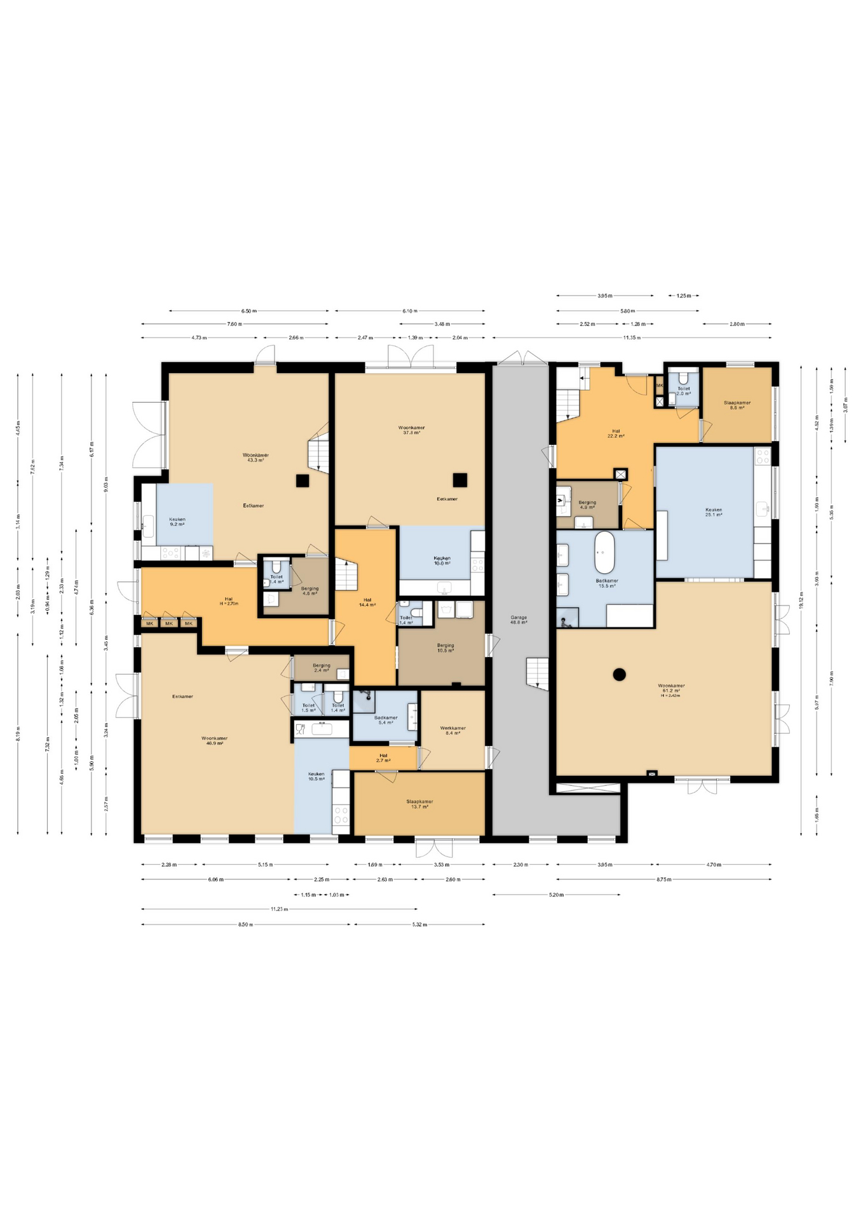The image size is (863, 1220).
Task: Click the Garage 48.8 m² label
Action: click(519, 620)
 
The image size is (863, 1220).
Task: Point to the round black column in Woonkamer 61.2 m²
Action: click(619, 674)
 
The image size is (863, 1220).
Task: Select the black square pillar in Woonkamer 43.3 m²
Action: click(302, 480)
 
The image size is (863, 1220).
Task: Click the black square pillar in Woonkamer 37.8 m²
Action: click(459, 480)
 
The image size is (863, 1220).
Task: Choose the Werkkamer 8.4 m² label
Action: click(452, 731)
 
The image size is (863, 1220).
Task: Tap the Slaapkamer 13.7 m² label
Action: click(419, 804)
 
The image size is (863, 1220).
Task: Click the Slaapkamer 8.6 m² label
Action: click(737, 405)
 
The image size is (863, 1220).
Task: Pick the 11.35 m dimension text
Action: click(632, 337)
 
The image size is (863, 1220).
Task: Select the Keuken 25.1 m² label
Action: click(713, 512)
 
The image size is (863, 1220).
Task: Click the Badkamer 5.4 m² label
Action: click(386, 720)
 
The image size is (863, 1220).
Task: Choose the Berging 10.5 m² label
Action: click(445, 647)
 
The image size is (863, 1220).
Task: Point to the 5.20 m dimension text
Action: click(556, 895)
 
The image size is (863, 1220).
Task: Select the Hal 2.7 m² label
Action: click(383, 758)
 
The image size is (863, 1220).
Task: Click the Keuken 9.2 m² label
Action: click(177, 522)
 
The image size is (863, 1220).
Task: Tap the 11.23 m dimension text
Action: click(279, 909)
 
